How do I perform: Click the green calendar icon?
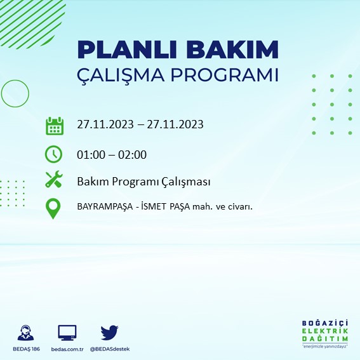point(55,125)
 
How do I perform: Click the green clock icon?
point(54,154)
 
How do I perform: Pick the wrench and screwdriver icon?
point(54,180)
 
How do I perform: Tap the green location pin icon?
point(54,208)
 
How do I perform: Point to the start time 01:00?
point(91,154)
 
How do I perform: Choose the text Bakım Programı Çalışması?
point(143,182)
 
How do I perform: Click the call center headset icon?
point(26,332)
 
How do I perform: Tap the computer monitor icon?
point(67,332)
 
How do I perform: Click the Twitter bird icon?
point(109,332)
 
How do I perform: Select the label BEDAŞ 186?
point(26,349)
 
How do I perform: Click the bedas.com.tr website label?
point(67,349)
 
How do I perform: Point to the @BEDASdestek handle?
point(110,349)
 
